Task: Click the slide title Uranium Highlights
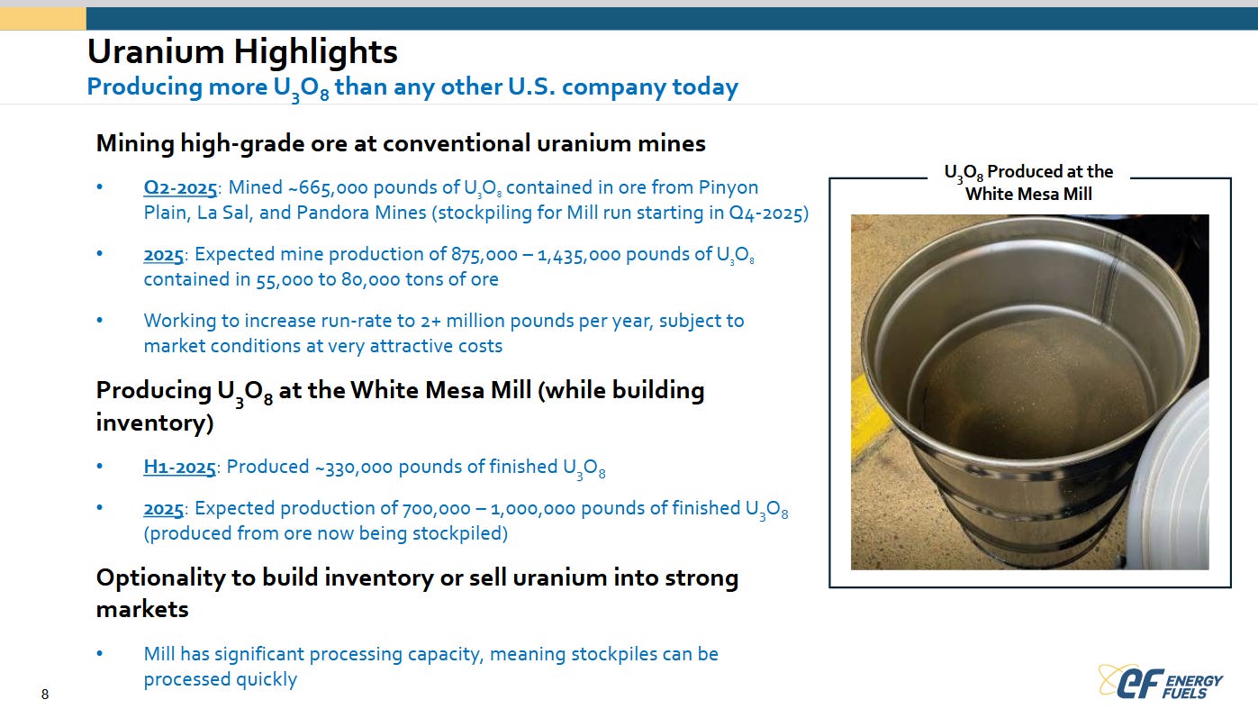242,51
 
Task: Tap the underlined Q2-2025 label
180,187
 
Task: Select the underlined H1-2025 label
180,467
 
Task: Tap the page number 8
45,695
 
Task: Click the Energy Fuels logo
1160,681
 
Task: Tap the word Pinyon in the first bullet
729,187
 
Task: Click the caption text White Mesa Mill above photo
1029,194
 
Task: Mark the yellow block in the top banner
43,19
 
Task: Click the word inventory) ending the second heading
155,423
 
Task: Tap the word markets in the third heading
142,610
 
